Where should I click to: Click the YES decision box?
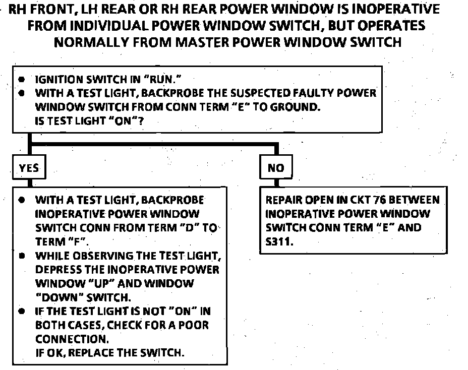coord(29,168)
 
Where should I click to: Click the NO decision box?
coord(276,168)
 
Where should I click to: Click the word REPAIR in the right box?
coord(283,200)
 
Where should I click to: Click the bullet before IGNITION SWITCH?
coord(21,80)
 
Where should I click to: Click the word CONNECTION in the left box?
coord(71,338)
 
